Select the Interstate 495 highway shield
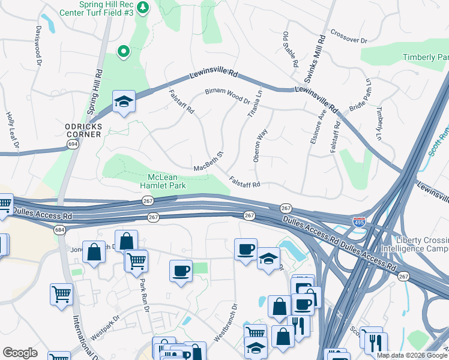[x=359, y=223]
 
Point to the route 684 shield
[x=59, y=230]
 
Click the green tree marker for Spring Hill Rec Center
[x=142, y=8]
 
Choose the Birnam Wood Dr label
[x=227, y=94]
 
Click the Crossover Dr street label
[x=348, y=37]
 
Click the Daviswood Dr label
[x=38, y=46]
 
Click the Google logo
[x=20, y=353]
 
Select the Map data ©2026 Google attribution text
[x=412, y=355]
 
